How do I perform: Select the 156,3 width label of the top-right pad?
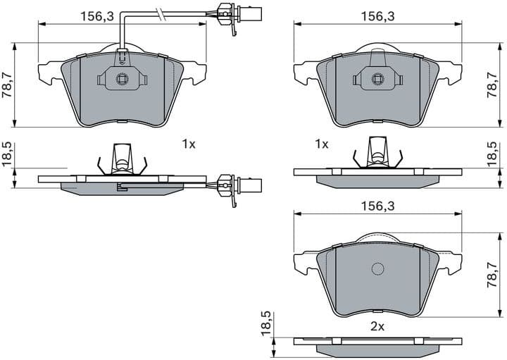click(377, 15)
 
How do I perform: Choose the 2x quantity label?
click(377, 326)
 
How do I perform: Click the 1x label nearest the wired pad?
click(188, 144)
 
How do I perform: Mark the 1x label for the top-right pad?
click(322, 144)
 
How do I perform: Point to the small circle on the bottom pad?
click(377, 268)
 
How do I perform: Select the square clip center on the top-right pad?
click(377, 78)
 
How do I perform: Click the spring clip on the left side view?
click(122, 161)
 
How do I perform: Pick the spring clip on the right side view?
click(377, 159)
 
